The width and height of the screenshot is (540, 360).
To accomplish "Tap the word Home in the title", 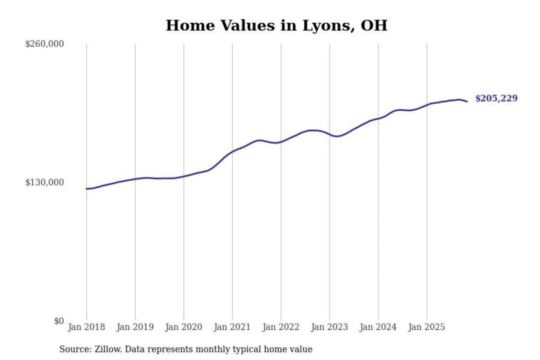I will tap(190, 25).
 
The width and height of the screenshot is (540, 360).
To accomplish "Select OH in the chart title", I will tap(373, 25).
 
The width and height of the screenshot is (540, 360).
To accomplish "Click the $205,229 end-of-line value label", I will tap(496, 98).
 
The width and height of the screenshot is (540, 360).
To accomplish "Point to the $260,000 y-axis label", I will tap(45, 44).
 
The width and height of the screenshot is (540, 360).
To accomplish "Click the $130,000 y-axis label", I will tap(45, 183).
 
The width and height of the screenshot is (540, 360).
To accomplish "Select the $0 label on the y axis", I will tap(59, 321).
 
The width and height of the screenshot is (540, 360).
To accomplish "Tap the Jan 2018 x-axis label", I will tap(86, 327).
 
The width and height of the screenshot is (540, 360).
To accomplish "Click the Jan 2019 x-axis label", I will tap(135, 327).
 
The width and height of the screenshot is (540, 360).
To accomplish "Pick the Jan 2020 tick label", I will tap(184, 327).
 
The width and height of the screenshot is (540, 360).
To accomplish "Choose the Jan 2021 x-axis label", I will tap(232, 327).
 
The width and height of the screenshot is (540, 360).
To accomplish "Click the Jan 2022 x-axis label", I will tap(281, 327).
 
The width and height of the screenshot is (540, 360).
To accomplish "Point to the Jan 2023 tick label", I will tap(329, 327).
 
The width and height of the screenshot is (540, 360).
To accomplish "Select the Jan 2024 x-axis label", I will tap(378, 327).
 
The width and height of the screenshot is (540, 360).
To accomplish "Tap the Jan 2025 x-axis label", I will tap(426, 327).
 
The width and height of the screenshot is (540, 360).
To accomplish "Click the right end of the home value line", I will tap(467, 101).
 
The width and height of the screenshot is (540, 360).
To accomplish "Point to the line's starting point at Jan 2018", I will tap(87, 189).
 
